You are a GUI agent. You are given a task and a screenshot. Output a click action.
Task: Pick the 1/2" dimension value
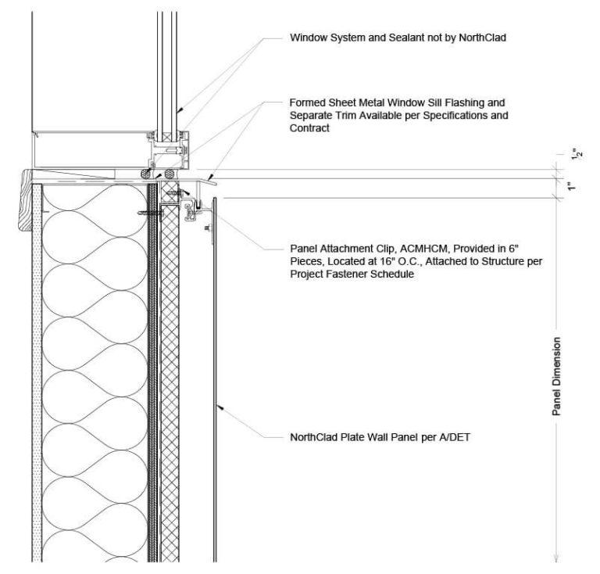point(576,160)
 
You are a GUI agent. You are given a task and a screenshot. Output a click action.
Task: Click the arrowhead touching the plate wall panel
point(221,407)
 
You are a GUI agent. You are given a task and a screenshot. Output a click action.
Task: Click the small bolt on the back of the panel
point(205,226)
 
